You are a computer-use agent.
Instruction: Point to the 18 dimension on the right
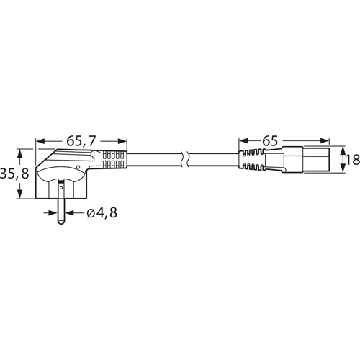click(x=352, y=159)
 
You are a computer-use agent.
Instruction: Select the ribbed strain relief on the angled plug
click(x=114, y=159)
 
